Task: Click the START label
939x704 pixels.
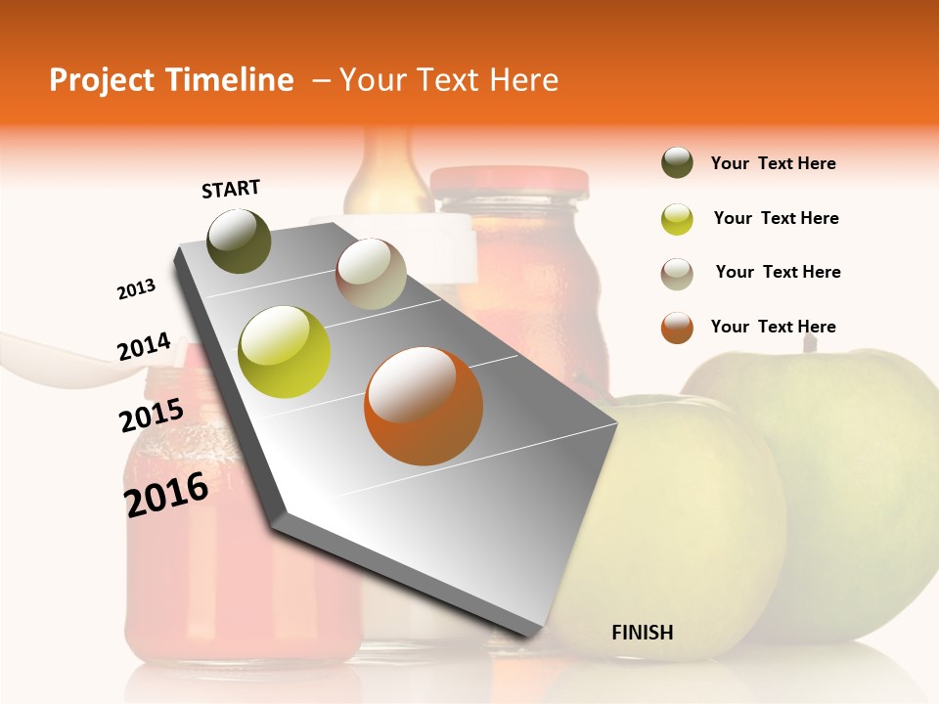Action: pyautogui.click(x=231, y=189)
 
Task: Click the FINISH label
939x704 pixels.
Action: pyautogui.click(x=643, y=633)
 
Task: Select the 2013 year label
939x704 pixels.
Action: pyautogui.click(x=137, y=288)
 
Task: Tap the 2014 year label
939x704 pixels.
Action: pyautogui.click(x=144, y=347)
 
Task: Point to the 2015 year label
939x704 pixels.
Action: pyautogui.click(x=152, y=416)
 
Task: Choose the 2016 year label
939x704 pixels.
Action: pyautogui.click(x=166, y=494)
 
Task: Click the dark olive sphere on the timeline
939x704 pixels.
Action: pyautogui.click(x=239, y=241)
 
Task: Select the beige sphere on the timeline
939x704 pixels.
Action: pyautogui.click(x=371, y=274)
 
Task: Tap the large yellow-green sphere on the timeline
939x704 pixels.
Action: pyautogui.click(x=285, y=352)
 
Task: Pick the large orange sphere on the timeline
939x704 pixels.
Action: pyautogui.click(x=424, y=406)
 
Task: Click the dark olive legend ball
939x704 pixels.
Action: pyautogui.click(x=677, y=163)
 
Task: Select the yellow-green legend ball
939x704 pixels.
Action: pyautogui.click(x=677, y=218)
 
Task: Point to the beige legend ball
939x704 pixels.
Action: pyautogui.click(x=677, y=273)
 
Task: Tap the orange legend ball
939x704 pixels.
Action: pyautogui.click(x=677, y=328)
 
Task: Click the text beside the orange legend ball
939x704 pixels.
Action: pyautogui.click(x=773, y=327)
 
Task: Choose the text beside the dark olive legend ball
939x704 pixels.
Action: pyautogui.click(x=773, y=163)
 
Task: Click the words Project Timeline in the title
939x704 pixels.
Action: pyautogui.click(x=171, y=80)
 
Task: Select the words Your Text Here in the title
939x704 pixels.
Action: pyautogui.click(x=448, y=80)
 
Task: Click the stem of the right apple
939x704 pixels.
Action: pyautogui.click(x=809, y=342)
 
